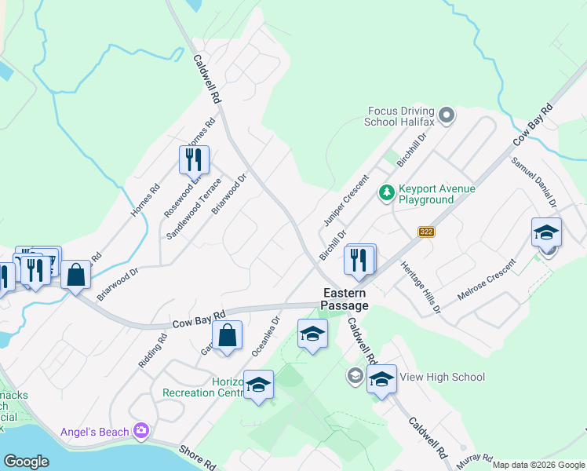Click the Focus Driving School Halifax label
pos(399,115)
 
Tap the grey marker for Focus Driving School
pos(447,116)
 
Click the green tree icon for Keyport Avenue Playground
pos(386,192)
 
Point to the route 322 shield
pos(426,232)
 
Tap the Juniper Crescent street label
pos(345,200)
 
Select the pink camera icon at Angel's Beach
pos(141,429)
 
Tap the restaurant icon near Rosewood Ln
pos(194,159)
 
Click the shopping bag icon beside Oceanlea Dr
pos(227,335)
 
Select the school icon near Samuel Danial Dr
pos(546,232)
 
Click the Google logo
pos(26,462)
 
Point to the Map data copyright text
pos(538,465)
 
